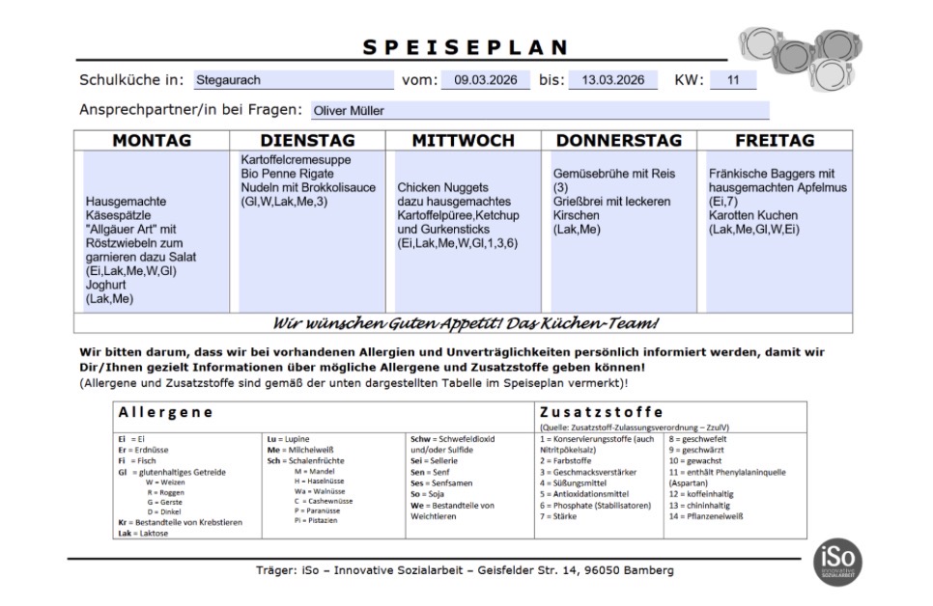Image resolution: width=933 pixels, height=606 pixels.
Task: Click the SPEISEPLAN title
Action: point(466,47)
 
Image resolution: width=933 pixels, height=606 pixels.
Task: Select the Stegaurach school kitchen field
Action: point(294,80)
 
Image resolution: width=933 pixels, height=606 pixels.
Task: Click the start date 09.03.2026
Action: point(485,80)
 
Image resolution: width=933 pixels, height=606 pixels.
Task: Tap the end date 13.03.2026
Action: point(612,80)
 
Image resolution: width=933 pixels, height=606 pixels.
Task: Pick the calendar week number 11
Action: point(732,80)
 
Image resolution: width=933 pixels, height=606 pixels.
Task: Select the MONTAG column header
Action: point(152,141)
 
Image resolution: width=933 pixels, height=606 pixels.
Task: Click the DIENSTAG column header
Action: point(307,141)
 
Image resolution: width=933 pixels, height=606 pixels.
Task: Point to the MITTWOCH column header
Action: point(464,141)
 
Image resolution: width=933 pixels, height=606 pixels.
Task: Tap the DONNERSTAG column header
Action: point(619,141)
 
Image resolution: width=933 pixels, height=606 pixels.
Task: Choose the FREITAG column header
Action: point(775,141)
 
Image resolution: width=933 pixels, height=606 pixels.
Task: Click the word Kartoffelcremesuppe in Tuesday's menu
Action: point(297,159)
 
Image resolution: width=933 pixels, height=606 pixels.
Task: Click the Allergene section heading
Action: point(165,412)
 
